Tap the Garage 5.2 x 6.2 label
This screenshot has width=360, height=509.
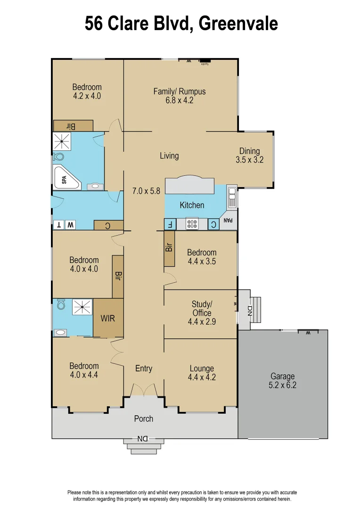pos(282,380)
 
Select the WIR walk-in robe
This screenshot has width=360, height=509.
pos(108,318)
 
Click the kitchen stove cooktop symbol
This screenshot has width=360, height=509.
pos(192,224)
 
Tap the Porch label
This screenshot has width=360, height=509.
pos(143,419)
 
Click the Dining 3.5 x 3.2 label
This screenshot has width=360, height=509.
pos(249,156)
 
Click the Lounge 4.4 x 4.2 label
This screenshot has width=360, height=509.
pos(202,373)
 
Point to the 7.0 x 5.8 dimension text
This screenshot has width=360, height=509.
pos(147,191)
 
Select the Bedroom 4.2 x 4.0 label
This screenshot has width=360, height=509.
pos(87,91)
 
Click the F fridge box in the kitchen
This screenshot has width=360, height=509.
pos(170,225)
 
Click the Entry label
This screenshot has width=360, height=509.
pos(144,369)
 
